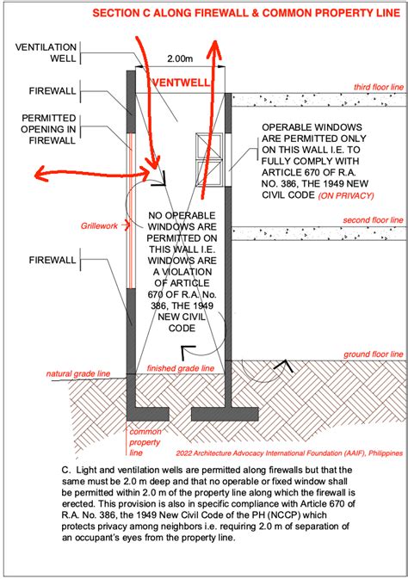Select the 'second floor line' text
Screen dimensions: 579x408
[372, 220]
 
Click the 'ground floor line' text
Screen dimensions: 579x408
[372, 353]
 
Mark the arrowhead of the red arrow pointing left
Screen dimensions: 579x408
[39, 177]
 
